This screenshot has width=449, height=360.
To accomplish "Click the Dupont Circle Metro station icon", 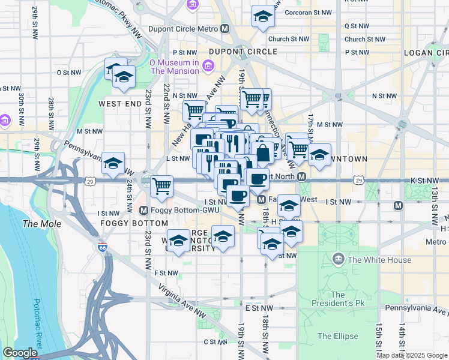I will coord(224,28).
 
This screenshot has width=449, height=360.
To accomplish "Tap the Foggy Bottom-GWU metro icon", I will coord(144,211).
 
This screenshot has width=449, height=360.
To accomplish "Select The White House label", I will coord(379,260).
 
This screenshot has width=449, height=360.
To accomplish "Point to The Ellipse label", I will coord(337,336).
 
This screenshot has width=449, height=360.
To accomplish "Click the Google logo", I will coord(20,353).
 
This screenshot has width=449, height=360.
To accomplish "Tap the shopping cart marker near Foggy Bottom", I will coord(161,186).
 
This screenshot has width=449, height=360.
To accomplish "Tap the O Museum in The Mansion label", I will coord(174,67).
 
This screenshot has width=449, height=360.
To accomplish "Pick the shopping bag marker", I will coord(263,154).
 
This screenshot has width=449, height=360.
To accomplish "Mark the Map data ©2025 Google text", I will coord(412,355).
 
